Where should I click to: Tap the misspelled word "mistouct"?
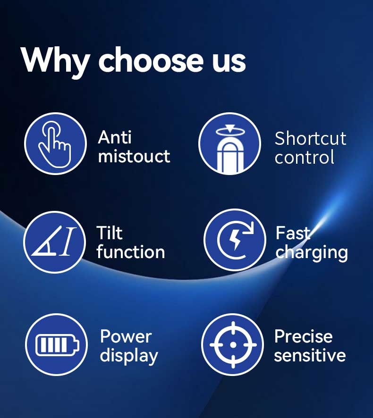(x=134, y=156)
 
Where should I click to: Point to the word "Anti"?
(x=115, y=137)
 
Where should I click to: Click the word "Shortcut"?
(x=311, y=138)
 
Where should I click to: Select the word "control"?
(x=305, y=157)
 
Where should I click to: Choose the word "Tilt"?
(x=110, y=233)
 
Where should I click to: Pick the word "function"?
(x=131, y=251)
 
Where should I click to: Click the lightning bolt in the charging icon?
(x=235, y=240)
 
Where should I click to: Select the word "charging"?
(x=312, y=253)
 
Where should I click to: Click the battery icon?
(x=57, y=345)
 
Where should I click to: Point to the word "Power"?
(x=126, y=336)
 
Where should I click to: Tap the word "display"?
(x=129, y=356)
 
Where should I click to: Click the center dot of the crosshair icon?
(x=233, y=345)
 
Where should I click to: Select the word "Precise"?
(x=304, y=336)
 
